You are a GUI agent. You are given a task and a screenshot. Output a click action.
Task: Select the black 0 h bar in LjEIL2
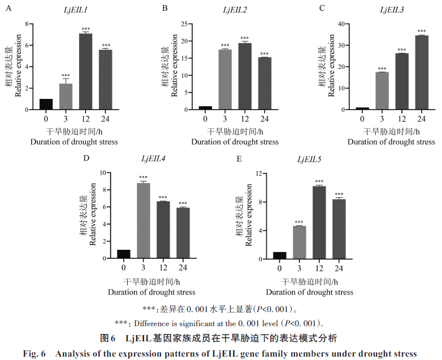[206, 107]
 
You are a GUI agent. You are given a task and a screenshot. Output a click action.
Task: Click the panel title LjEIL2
[233, 9]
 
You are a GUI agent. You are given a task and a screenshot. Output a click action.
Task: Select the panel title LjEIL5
[309, 160]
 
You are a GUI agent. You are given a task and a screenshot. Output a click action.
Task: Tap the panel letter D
[86, 158]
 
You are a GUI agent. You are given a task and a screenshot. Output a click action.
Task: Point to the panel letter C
[322, 8]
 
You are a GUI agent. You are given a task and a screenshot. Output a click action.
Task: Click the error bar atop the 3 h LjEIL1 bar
[66, 81]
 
